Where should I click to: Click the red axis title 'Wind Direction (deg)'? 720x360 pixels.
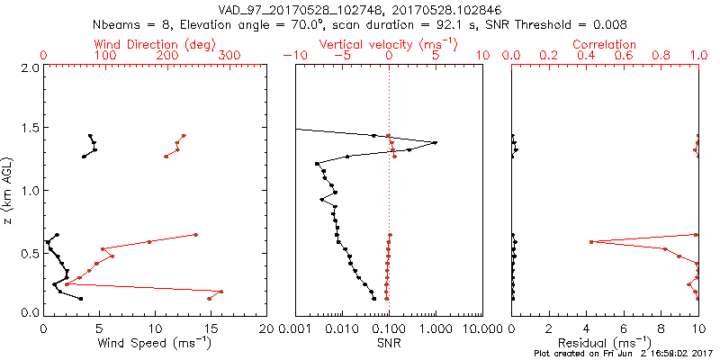[156, 44]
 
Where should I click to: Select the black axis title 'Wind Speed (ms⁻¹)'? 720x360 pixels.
[156, 343]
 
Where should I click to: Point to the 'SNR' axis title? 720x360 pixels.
[389, 343]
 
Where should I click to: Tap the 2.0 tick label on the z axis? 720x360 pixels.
[30, 67]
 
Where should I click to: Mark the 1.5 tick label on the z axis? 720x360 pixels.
[30, 129]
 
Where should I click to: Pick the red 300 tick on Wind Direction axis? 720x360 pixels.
[229, 56]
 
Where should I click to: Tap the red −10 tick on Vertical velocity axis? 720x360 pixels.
[293, 56]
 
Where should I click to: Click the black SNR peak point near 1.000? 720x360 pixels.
[435, 142]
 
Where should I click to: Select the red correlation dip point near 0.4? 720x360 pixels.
[591, 242]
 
